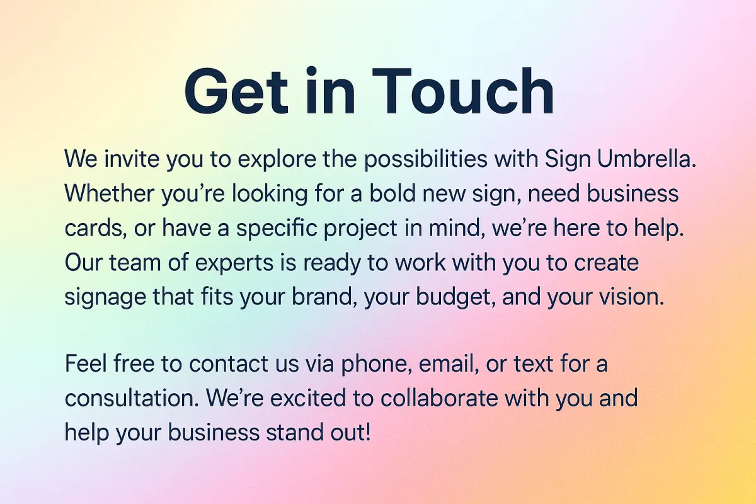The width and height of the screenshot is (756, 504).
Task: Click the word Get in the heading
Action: tap(236, 91)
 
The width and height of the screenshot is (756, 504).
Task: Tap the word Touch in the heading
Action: tap(462, 91)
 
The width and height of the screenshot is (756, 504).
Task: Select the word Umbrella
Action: tap(646, 158)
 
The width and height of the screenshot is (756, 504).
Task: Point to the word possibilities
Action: tap(426, 159)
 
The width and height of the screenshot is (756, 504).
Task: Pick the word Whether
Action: tap(110, 193)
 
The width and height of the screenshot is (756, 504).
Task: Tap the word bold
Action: tap(392, 193)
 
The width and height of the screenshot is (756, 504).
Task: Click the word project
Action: tap(360, 229)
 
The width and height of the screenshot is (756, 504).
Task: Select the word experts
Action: tap(234, 263)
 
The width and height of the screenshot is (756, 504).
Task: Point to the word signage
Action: tap(105, 297)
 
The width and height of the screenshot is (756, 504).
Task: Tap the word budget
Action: tap(455, 297)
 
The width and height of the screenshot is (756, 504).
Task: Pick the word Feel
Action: tap(86, 364)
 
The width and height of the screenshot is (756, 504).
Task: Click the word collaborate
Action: tap(439, 398)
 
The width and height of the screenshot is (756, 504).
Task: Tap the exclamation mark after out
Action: tap(368, 432)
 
